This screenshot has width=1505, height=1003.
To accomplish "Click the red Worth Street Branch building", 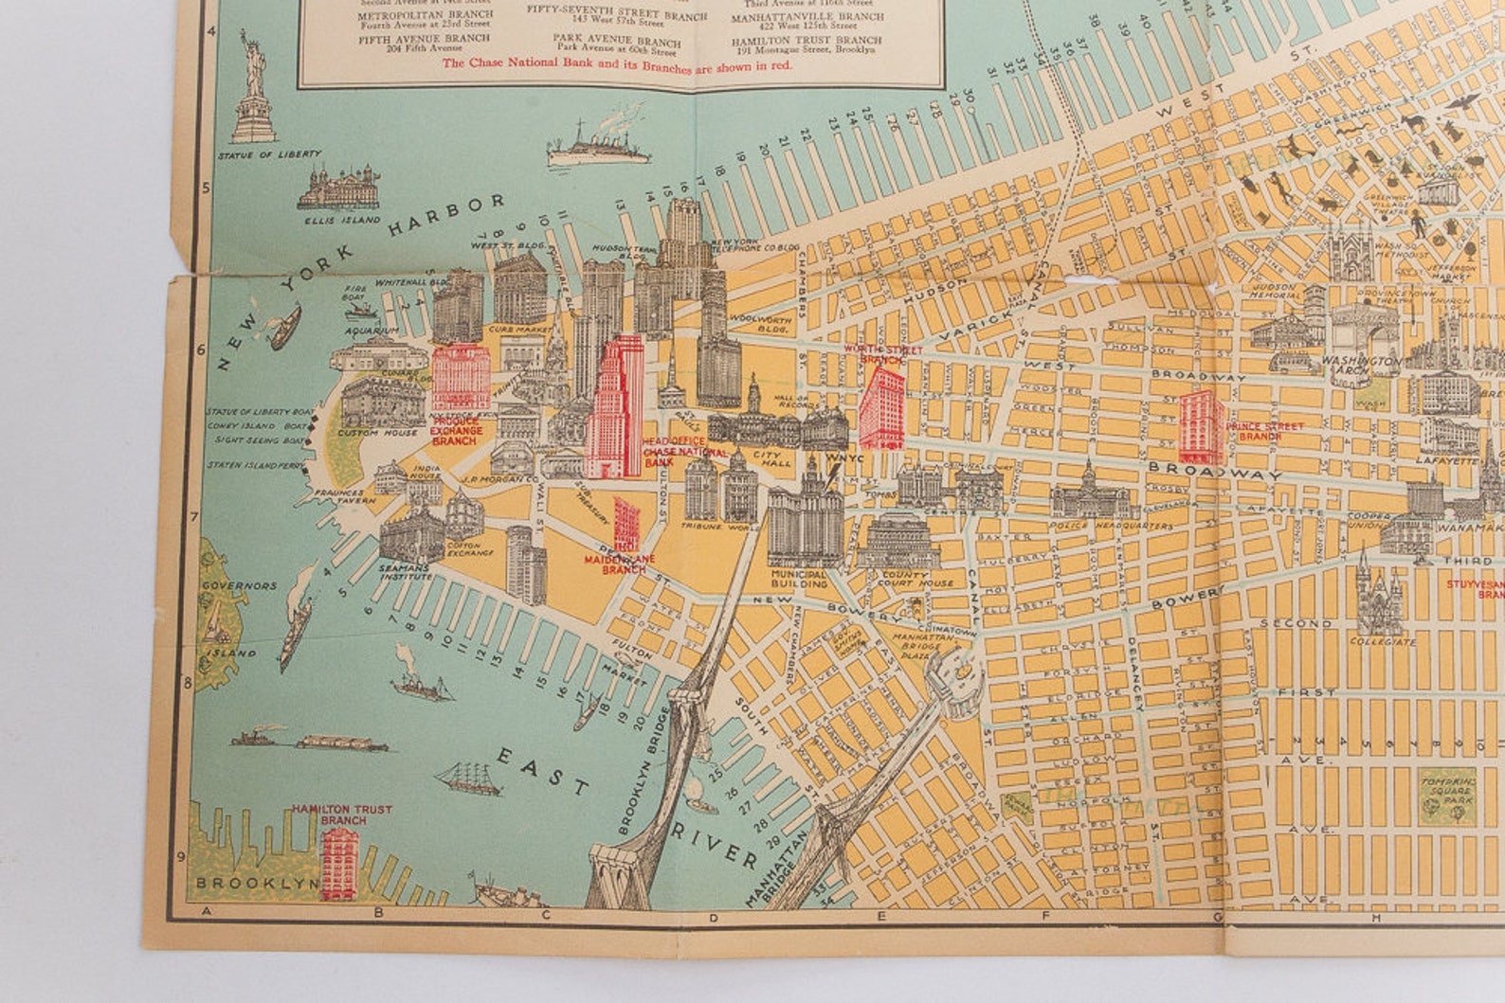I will pos(881,408).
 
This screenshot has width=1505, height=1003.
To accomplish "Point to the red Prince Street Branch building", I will pos(1200,419).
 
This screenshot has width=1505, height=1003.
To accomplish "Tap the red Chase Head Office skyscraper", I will pos(616,407).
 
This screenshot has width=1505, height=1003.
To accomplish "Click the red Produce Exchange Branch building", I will pos(461,378).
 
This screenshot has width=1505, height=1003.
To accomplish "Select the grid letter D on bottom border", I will pos(711,917).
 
